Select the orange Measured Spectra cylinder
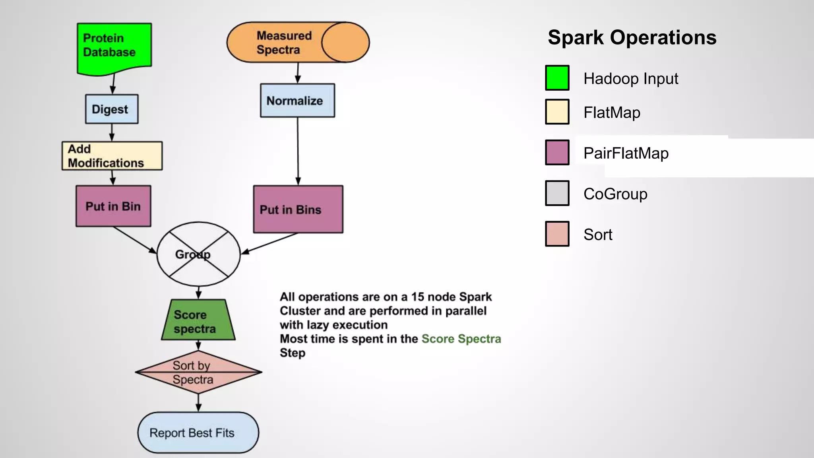tap(297, 42)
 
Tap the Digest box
tap(112, 109)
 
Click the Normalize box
tap(297, 101)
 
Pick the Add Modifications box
tap(112, 156)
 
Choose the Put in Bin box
tap(113, 206)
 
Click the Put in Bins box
tap(298, 209)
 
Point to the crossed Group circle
tap(198, 254)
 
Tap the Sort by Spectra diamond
tap(198, 372)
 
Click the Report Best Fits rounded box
tap(198, 433)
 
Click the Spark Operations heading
tap(632, 38)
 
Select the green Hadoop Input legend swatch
tap(557, 78)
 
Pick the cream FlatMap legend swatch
tap(557, 112)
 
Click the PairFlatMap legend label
tap(626, 153)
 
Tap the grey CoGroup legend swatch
tap(557, 193)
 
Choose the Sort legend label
tap(598, 235)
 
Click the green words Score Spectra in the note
tap(461, 339)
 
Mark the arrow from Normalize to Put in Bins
tap(298, 151)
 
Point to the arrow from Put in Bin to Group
tap(134, 240)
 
